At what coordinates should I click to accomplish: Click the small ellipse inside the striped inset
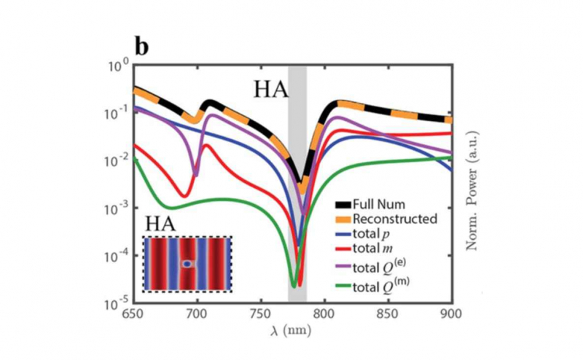click(187, 263)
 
